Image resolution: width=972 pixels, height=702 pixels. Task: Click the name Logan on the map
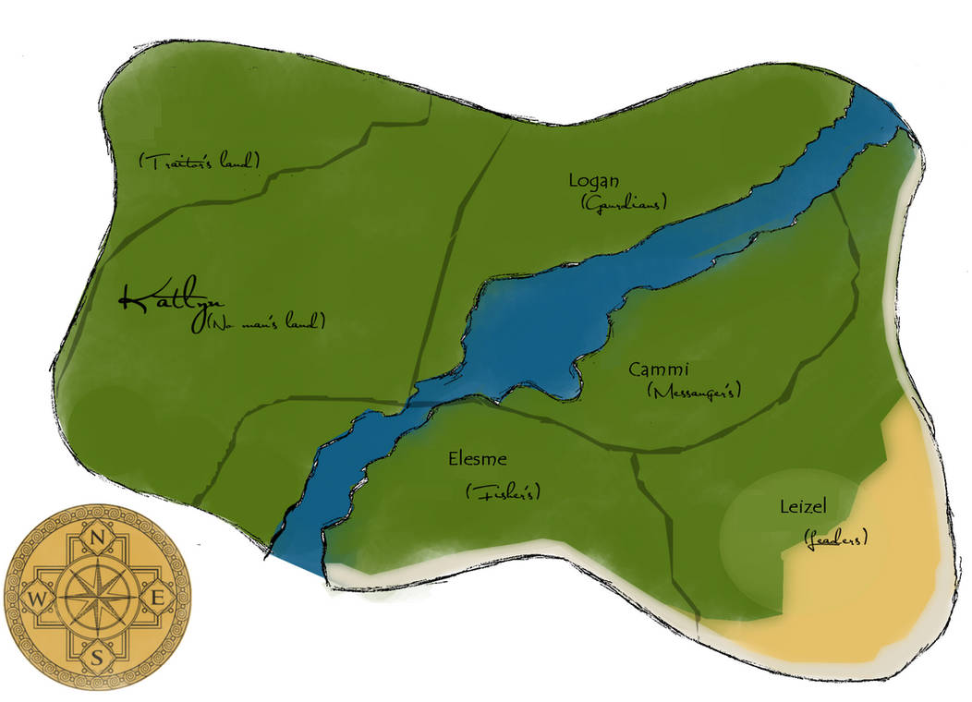[595, 181]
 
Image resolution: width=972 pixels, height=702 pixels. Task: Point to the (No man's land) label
[265, 322]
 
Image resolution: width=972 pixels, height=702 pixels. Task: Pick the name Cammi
[659, 369]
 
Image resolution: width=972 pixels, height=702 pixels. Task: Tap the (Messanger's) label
[696, 392]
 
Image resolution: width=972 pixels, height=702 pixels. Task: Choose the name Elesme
[478, 459]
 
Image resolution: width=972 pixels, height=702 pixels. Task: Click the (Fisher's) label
[504, 492]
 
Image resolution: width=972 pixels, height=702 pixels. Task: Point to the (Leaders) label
[835, 538]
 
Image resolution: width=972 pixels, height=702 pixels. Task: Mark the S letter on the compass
[97, 658]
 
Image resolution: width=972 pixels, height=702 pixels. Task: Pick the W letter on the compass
[36, 598]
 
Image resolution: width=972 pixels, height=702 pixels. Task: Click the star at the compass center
[97, 596]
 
